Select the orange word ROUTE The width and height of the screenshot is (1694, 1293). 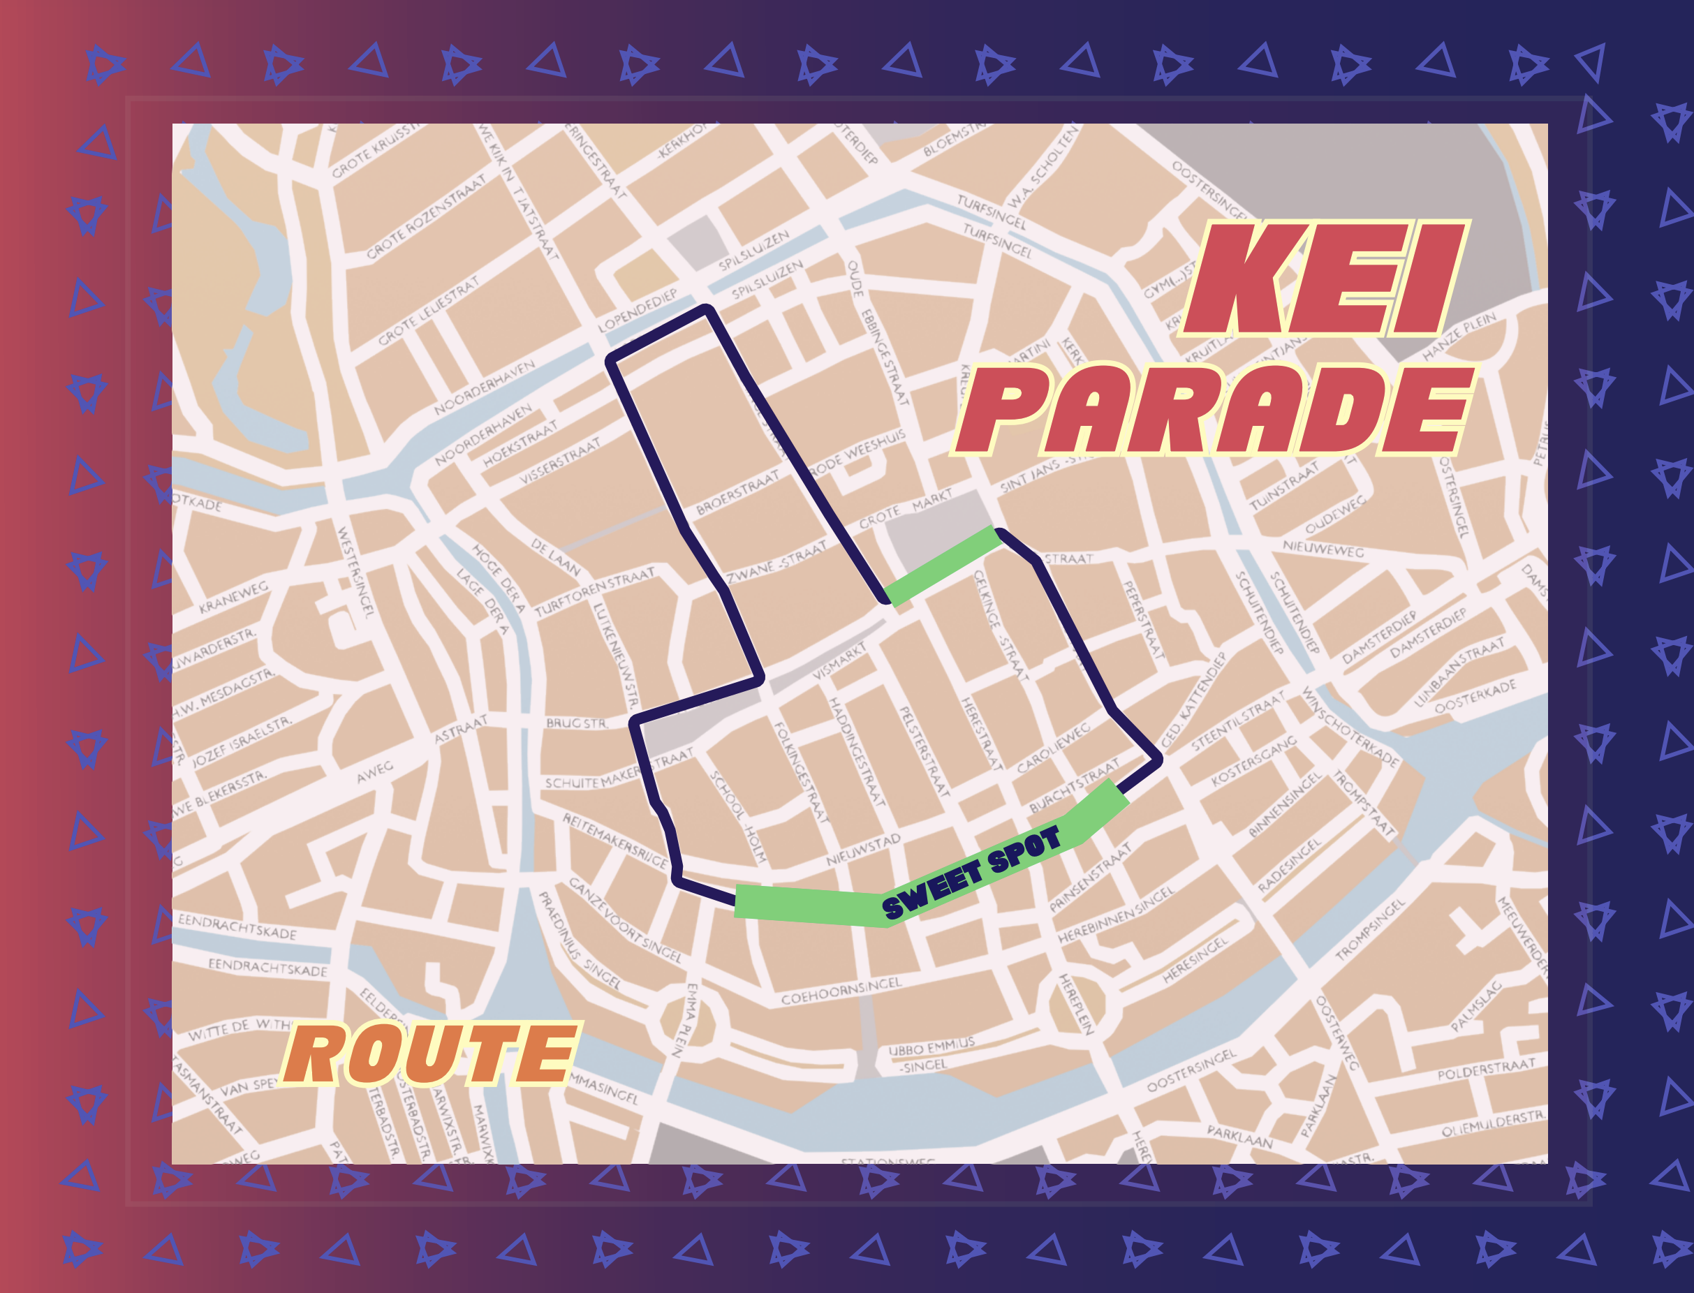point(431,1054)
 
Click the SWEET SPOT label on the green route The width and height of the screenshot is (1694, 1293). point(972,873)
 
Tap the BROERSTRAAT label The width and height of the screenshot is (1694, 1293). point(737,494)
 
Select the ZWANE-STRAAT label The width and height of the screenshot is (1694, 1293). point(776,562)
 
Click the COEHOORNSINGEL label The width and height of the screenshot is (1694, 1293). point(841,991)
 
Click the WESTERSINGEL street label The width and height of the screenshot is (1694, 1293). point(355,571)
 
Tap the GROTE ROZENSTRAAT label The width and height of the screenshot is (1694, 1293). point(427,217)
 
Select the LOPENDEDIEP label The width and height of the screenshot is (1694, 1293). point(638,310)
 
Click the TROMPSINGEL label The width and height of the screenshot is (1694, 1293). point(1369,931)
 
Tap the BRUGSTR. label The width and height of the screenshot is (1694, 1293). point(577,723)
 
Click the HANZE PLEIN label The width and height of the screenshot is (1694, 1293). point(1459,337)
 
